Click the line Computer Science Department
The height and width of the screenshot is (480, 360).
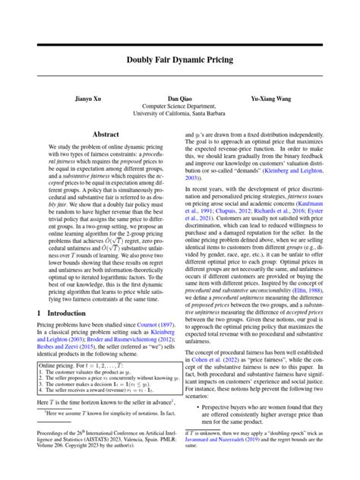[180, 107]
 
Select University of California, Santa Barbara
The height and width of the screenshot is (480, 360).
[180, 115]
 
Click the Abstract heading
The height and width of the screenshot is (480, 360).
[104, 132]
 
